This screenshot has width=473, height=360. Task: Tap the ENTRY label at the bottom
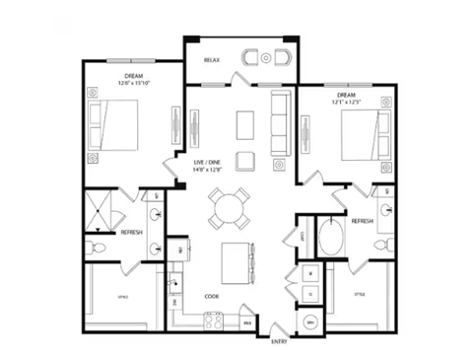coord(278,341)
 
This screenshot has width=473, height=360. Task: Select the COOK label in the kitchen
coord(211,295)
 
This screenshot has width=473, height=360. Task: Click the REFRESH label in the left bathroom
coord(131,232)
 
